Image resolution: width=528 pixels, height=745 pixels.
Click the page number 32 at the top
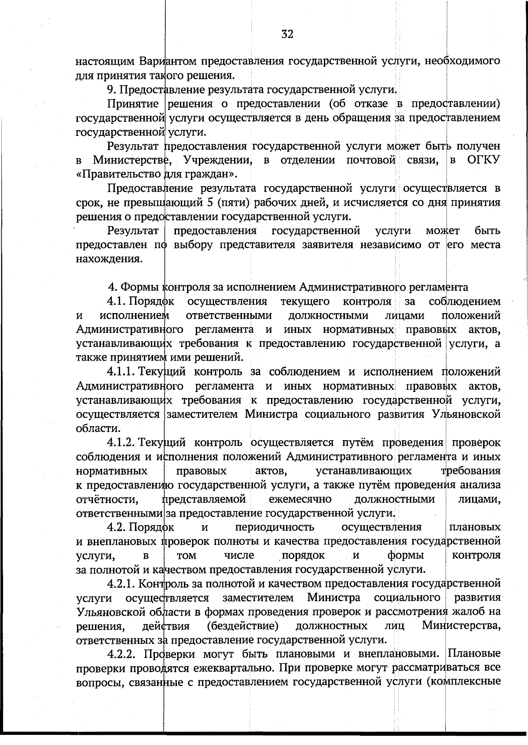(x=287, y=34)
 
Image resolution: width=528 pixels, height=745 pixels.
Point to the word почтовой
(x=371, y=160)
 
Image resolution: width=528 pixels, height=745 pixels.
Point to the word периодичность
(x=275, y=527)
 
